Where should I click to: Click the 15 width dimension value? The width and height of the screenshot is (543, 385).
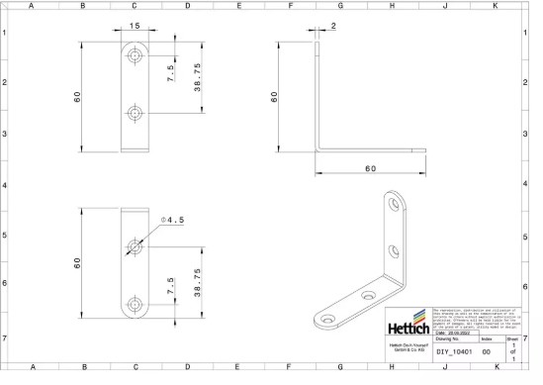[134, 25]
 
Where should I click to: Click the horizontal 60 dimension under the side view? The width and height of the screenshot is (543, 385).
[370, 169]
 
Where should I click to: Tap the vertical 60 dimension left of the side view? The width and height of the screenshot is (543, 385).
[275, 97]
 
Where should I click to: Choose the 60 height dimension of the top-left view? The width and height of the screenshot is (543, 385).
[76, 97]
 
